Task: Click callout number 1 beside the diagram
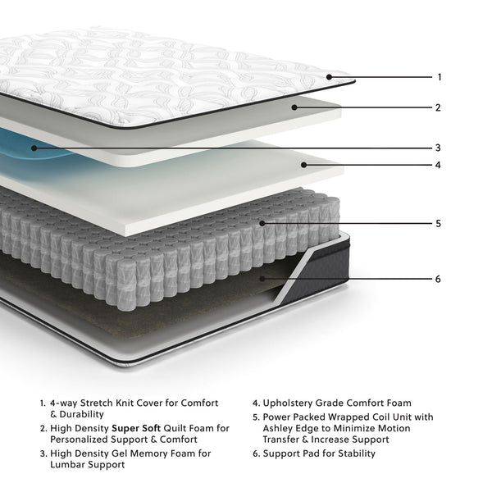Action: click(x=440, y=77)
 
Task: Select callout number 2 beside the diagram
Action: click(x=439, y=107)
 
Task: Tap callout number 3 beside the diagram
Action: click(x=439, y=148)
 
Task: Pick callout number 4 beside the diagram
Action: click(x=439, y=165)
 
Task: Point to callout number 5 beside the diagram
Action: click(x=439, y=223)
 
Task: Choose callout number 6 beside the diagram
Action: click(x=439, y=279)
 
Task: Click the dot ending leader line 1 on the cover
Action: click(x=329, y=77)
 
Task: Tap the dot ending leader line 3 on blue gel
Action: click(x=34, y=148)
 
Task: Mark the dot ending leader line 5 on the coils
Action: click(x=262, y=223)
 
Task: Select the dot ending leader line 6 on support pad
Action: click(x=262, y=279)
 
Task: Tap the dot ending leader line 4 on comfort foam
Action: click(x=303, y=165)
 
